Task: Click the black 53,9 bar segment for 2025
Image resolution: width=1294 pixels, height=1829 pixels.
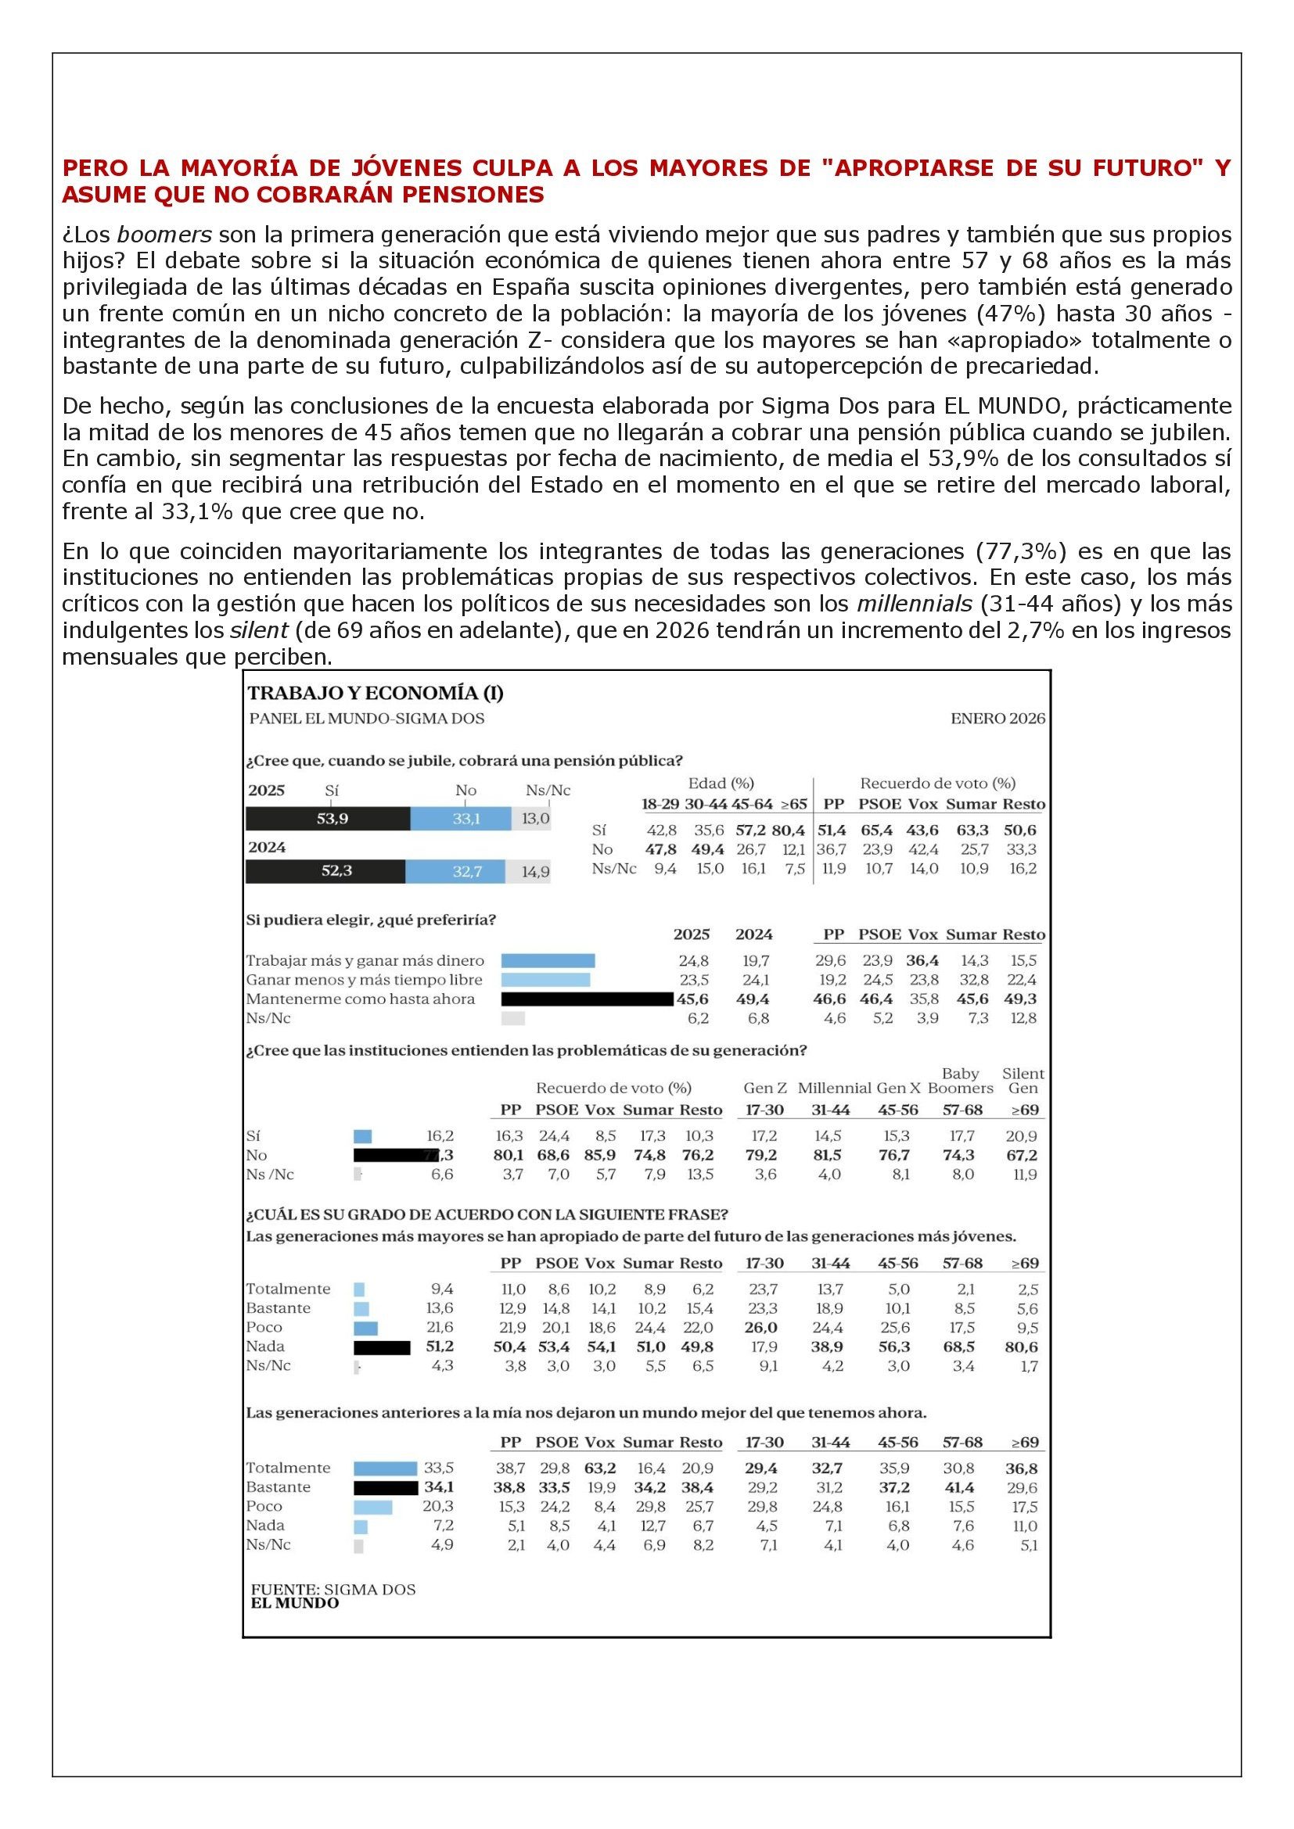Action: click(328, 818)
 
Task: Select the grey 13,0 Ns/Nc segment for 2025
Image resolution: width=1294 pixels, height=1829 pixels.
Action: click(531, 818)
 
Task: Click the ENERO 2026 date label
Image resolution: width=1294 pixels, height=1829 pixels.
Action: click(997, 719)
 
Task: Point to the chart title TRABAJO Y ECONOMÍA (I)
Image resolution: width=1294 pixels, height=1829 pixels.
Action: click(376, 693)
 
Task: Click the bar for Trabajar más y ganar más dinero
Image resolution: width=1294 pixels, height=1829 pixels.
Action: click(548, 961)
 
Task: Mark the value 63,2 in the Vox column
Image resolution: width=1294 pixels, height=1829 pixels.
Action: click(600, 1469)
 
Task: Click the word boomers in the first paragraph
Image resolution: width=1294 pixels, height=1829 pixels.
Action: click(164, 235)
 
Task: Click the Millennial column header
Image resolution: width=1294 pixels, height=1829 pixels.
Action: click(834, 1088)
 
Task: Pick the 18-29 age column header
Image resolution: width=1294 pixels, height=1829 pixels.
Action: click(660, 805)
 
